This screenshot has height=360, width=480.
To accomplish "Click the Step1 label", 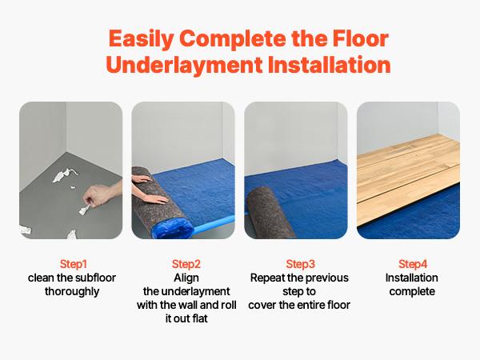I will tap(74, 263).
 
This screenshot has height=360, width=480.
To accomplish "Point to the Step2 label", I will tap(186, 263).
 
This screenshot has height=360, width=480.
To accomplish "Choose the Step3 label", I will tap(300, 263).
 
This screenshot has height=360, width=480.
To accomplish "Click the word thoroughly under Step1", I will tap(74, 291).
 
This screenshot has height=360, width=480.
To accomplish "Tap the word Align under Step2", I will tap(186, 277).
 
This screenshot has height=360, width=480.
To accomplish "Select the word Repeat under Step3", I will tap(266, 278).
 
